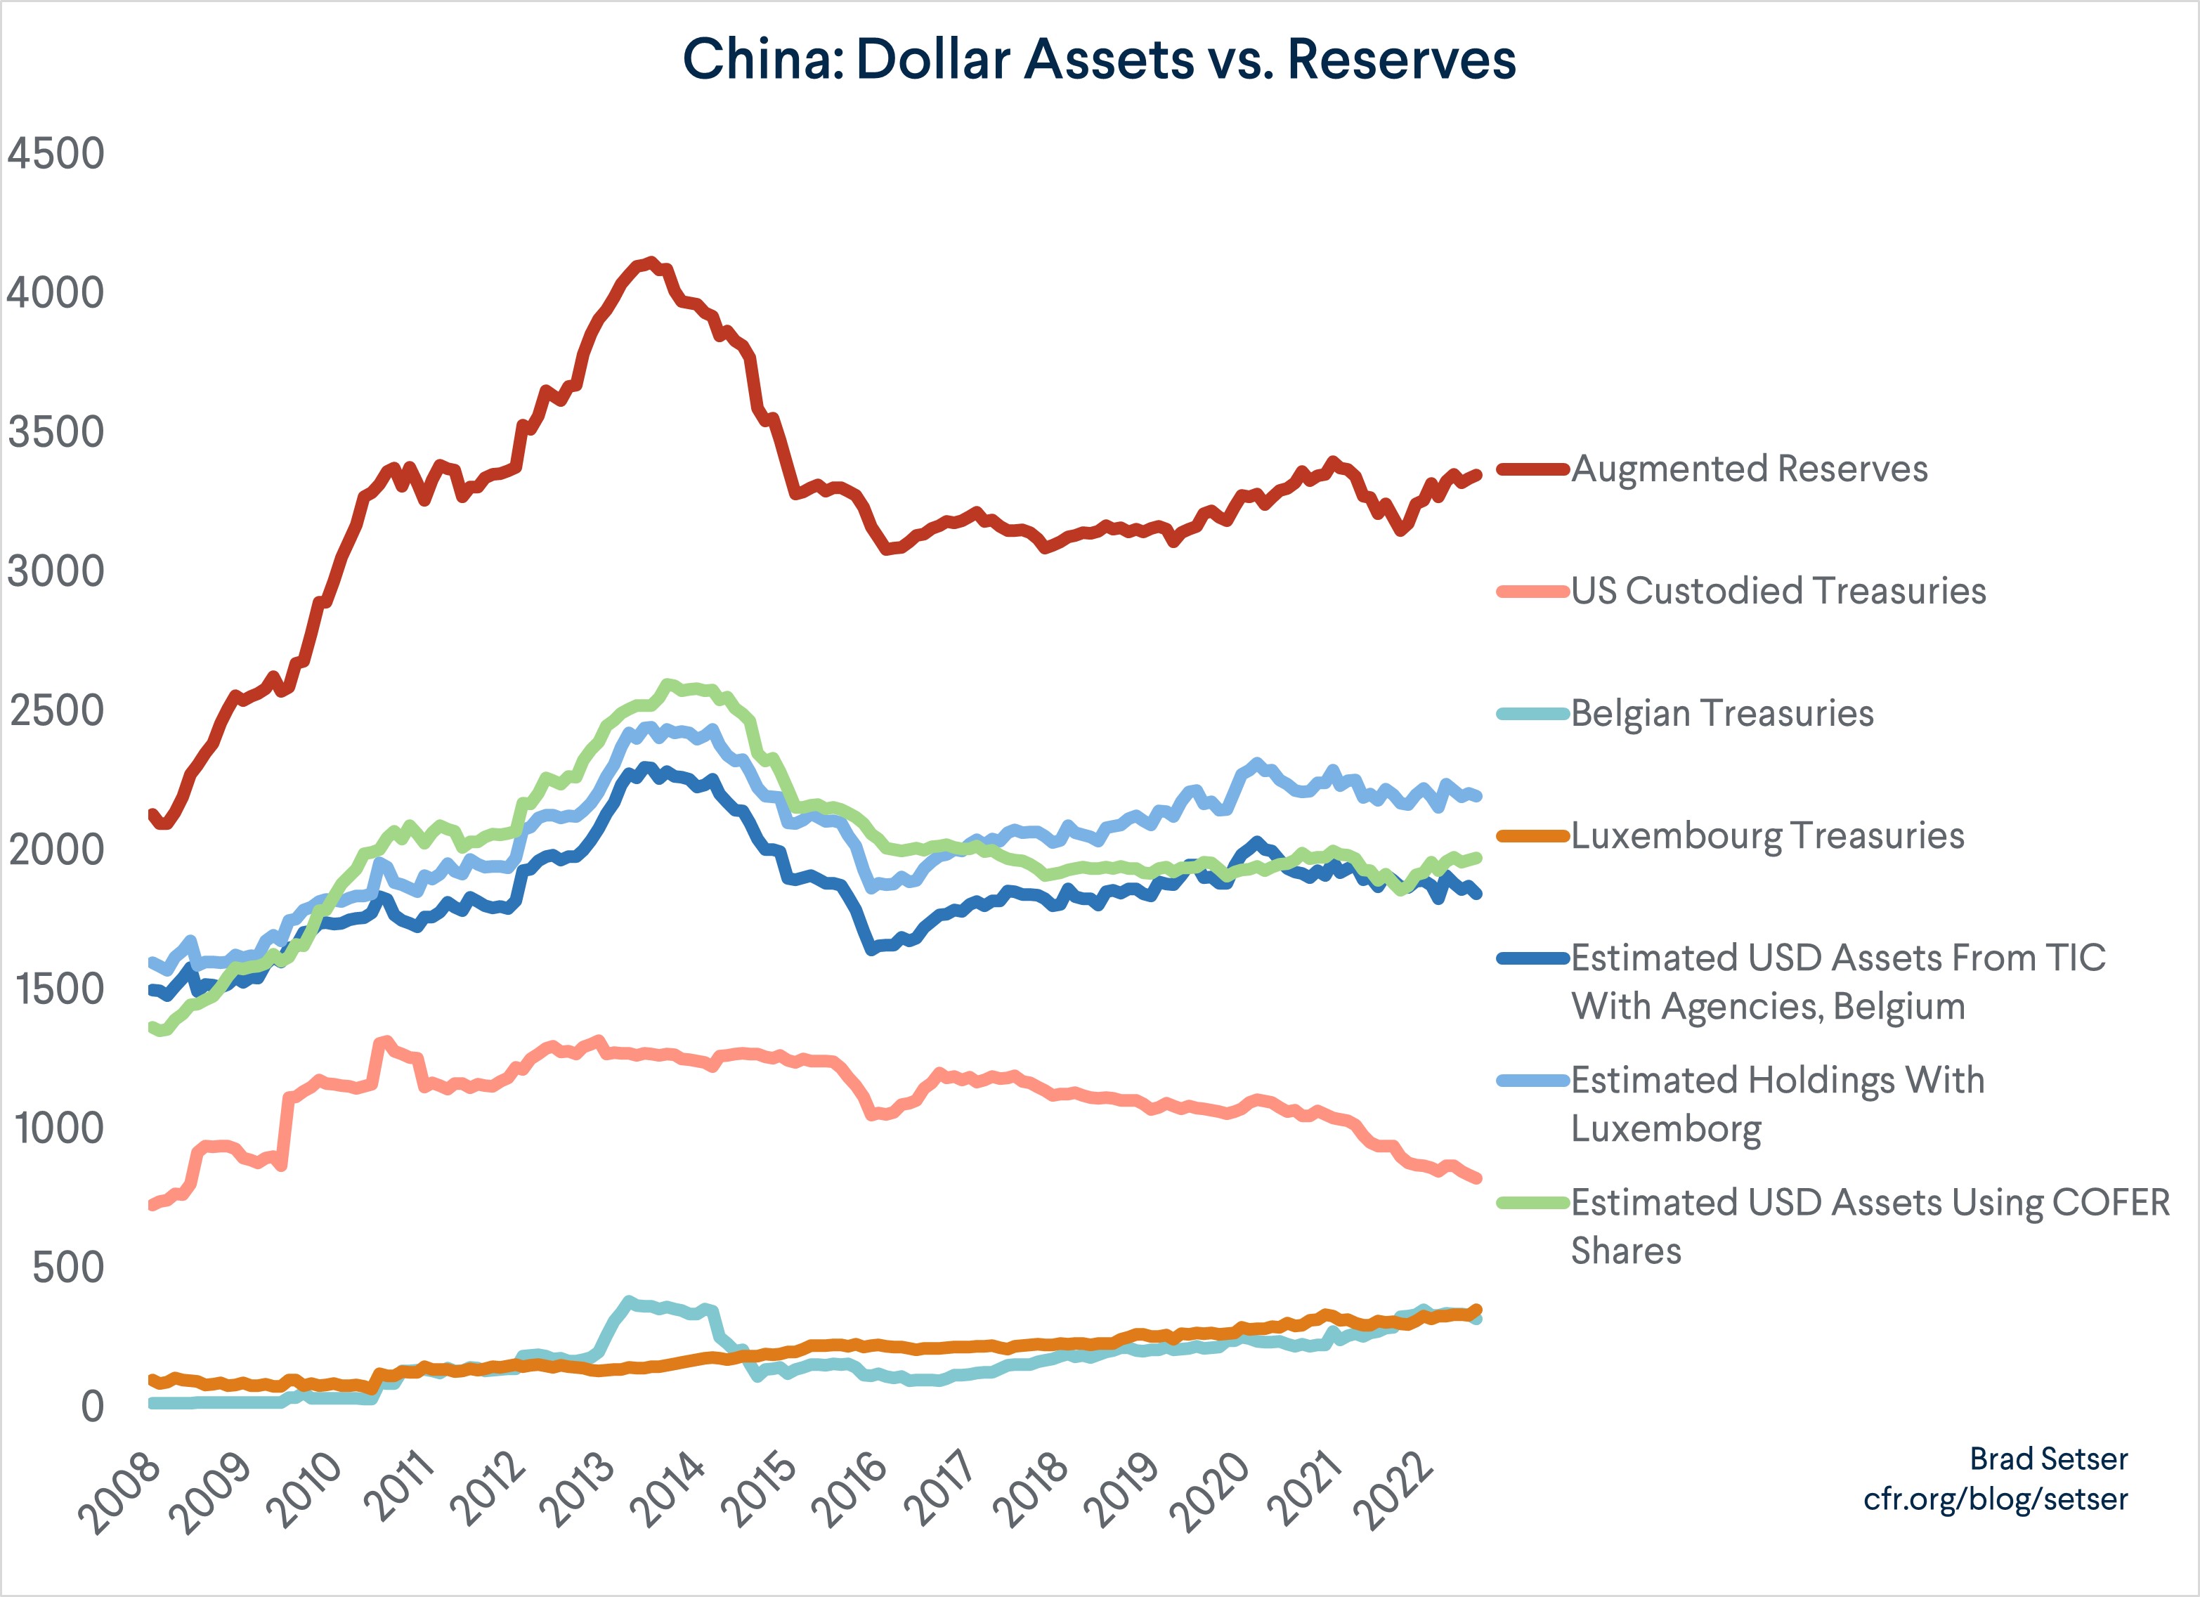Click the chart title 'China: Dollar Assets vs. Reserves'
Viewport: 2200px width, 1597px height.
point(1099,60)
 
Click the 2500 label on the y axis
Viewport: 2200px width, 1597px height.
point(56,711)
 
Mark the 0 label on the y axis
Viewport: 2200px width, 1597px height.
point(92,1407)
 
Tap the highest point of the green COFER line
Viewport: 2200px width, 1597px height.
point(668,685)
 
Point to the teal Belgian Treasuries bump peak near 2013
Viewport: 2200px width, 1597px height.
point(629,1301)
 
